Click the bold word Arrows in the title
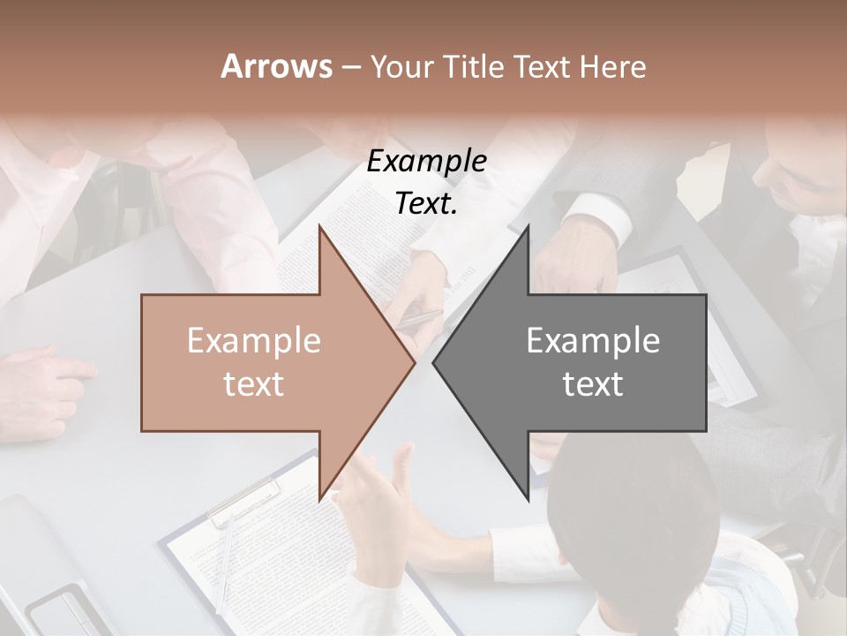coord(276,66)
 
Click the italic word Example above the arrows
coord(426,162)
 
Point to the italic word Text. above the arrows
coord(426,203)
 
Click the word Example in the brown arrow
coord(254,340)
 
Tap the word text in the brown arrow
coord(254,383)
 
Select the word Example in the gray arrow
coord(593,340)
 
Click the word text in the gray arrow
coord(593,383)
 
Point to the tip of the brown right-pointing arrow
coord(415,363)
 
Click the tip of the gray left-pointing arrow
coord(433,363)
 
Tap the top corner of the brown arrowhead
coord(319,226)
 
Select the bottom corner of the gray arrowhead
coord(528,501)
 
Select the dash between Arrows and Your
coord(349,67)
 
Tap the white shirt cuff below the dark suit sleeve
coord(600,216)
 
